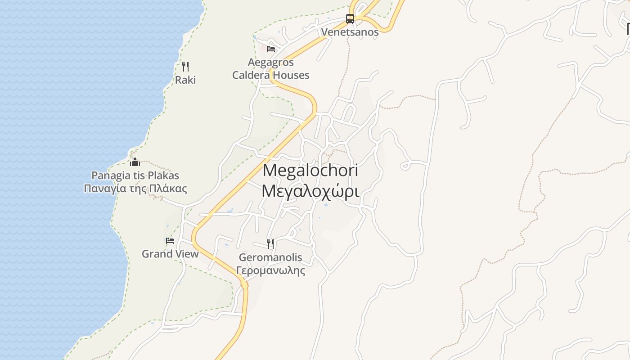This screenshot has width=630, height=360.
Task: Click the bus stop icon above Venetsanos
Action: pyautogui.click(x=350, y=19)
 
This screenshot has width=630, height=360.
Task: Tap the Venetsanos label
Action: pyautogui.click(x=350, y=32)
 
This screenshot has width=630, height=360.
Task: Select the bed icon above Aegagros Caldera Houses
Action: pyautogui.click(x=271, y=49)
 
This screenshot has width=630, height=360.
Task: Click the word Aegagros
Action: pyautogui.click(x=271, y=62)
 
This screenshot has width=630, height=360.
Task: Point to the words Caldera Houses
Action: pyautogui.click(x=271, y=75)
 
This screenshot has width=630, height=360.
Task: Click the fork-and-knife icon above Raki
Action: pyautogui.click(x=185, y=67)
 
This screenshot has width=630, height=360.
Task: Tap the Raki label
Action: pyautogui.click(x=185, y=80)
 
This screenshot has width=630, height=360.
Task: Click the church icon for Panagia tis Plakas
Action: pyautogui.click(x=135, y=162)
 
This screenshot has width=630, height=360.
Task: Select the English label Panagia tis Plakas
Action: pyautogui.click(x=135, y=175)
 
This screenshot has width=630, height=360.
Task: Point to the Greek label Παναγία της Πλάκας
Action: pyautogui.click(x=135, y=189)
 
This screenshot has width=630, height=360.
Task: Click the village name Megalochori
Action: pyautogui.click(x=310, y=170)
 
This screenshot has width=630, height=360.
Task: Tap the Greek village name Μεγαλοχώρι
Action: pyautogui.click(x=310, y=191)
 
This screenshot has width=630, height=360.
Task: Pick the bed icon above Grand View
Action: pyautogui.click(x=170, y=241)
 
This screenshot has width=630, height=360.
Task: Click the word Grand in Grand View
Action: pyautogui.click(x=157, y=254)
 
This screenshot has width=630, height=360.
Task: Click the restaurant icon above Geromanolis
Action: pyautogui.click(x=270, y=243)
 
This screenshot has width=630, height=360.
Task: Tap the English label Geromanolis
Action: pyautogui.click(x=270, y=258)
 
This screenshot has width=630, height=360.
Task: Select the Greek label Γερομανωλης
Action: pyautogui.click(x=270, y=271)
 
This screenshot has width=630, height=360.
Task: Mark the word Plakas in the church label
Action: pyautogui.click(x=164, y=175)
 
